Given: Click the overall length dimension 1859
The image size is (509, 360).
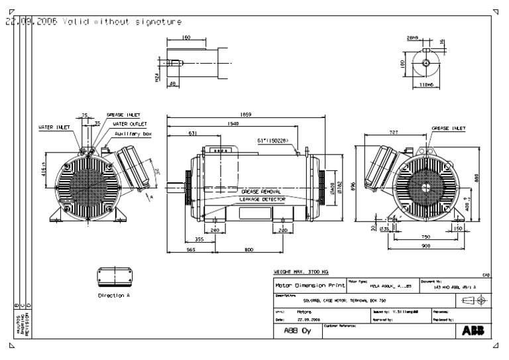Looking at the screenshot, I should pos(247,113).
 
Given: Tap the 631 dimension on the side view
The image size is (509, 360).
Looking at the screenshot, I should pos(193,133).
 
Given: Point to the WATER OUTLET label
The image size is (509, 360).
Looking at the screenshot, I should pos(130,123).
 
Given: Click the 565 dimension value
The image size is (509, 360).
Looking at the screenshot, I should pos(190,251).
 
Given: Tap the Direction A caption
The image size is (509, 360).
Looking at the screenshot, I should pos(113,295).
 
